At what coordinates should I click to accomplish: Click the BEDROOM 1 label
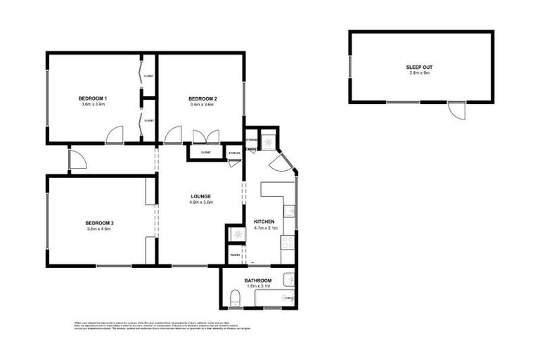[93, 97]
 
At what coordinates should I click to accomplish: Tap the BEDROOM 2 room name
[202, 97]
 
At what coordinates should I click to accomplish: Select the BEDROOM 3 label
[100, 223]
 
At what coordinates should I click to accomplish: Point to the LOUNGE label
[200, 196]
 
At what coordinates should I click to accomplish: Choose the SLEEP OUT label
[418, 67]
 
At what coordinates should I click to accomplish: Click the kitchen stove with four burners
[288, 243]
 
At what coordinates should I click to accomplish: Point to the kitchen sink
[288, 210]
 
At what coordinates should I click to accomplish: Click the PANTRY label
[235, 255]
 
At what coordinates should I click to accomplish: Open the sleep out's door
[457, 111]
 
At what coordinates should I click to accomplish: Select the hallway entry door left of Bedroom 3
[77, 160]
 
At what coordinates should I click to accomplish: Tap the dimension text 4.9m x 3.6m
[200, 202]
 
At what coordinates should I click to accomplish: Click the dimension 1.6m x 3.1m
[258, 287]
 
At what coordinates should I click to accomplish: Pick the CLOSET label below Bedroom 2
[206, 152]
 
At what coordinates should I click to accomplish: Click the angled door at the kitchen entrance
[278, 163]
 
